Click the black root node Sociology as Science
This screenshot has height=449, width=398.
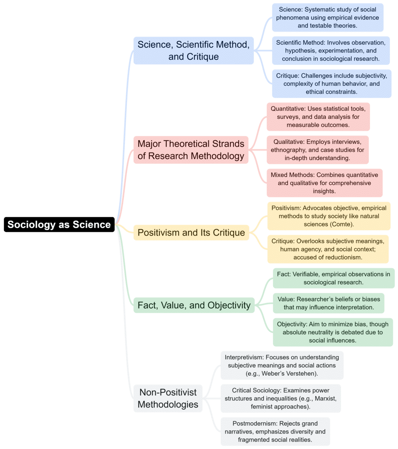coord(59,224)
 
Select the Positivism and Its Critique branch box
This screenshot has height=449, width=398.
coord(191,232)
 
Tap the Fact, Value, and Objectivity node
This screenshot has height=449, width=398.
coord(194,305)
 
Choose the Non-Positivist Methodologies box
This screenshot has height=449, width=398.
coord(168,398)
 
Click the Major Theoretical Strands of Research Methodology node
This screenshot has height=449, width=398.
coord(191,150)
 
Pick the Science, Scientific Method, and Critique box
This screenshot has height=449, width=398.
coord(194,50)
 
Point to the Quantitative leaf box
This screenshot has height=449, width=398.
coord(318,116)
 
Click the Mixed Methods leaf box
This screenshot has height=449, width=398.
coord(325,183)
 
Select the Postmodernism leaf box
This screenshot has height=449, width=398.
coord(275,431)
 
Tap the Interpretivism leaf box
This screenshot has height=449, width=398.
coord(282,365)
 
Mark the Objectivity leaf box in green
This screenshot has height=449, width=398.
coord(333,332)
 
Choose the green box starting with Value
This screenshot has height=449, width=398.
coord(328,303)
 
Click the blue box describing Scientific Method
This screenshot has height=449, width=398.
coord(330,50)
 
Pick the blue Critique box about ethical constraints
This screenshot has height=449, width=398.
coord(332,83)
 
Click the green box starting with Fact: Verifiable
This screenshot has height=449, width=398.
coord(333,278)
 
